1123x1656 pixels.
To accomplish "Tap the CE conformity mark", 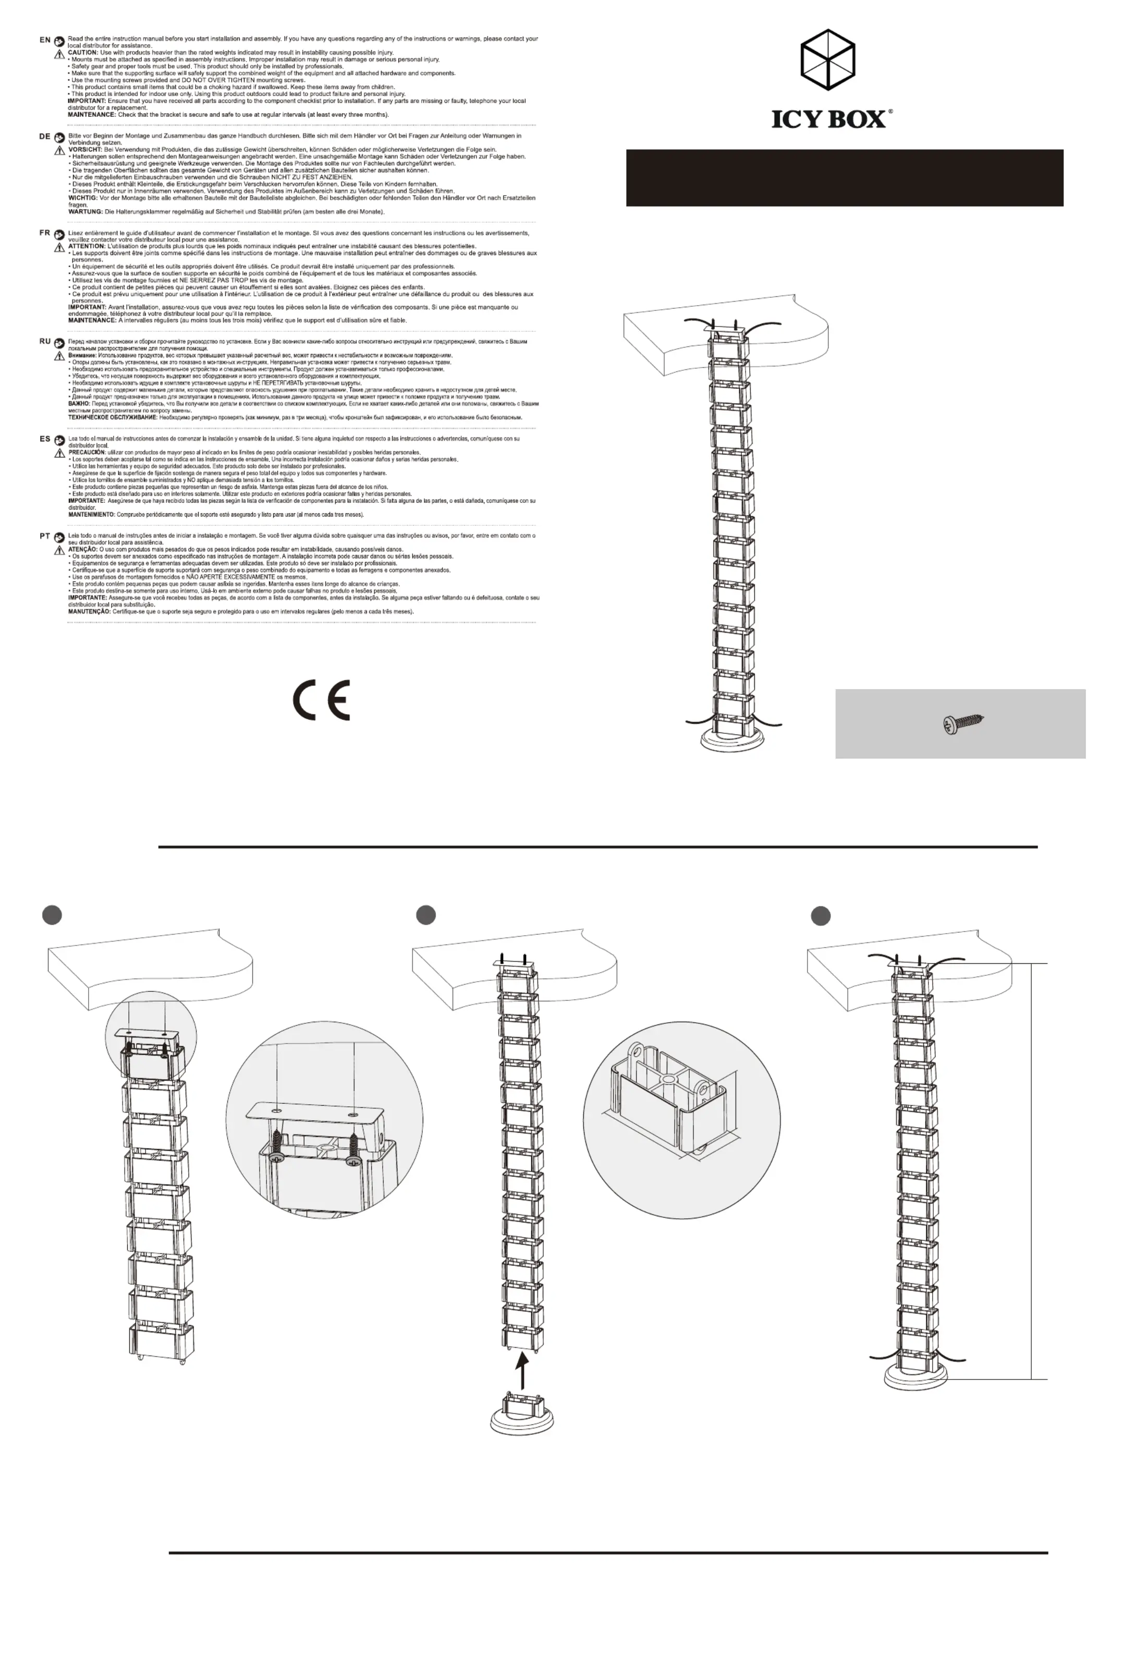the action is coord(321,700).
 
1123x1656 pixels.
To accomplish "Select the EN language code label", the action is coord(45,40).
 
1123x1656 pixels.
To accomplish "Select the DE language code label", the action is coord(45,136).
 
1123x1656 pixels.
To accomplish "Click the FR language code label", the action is coord(45,233).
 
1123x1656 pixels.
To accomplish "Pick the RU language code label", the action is coord(45,341).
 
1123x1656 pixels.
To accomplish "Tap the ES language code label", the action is coord(45,439).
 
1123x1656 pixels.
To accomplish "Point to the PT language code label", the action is coord(45,536).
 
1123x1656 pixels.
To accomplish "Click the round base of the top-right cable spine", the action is coord(734,740).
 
